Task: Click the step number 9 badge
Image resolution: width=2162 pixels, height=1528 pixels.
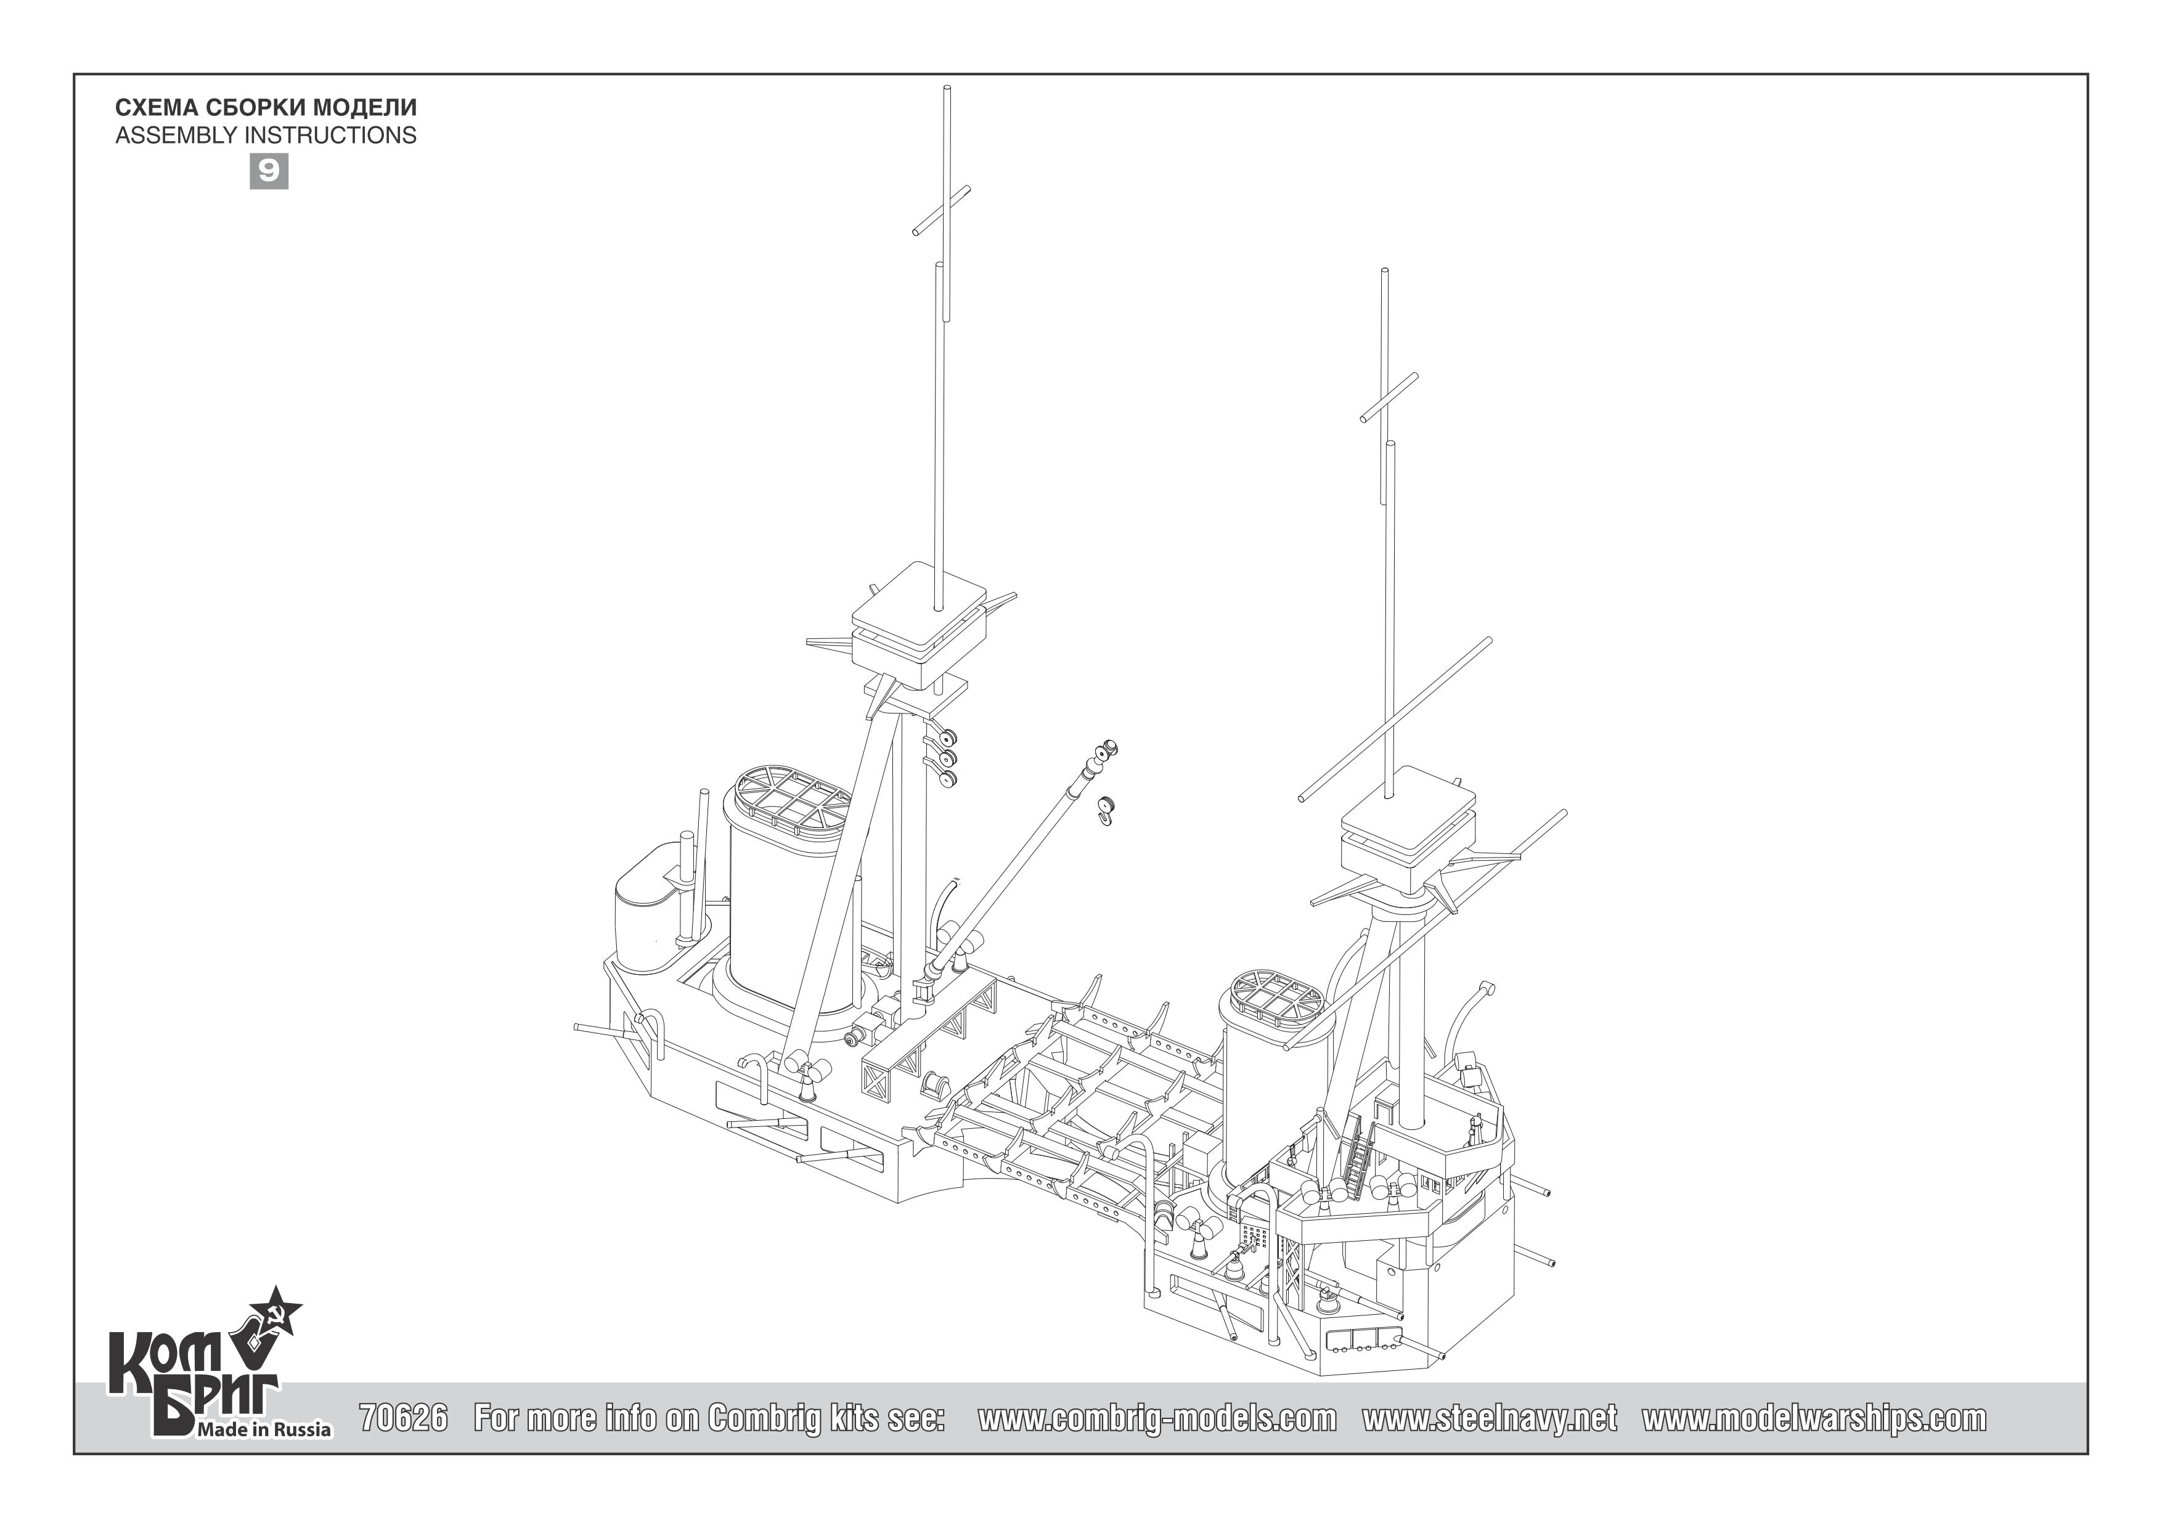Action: [x=268, y=171]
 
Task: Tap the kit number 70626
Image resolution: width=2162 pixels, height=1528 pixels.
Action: [x=404, y=1418]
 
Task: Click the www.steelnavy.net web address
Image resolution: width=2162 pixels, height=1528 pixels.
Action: [x=1490, y=1418]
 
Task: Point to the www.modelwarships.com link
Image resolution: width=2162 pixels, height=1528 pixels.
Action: [x=1814, y=1418]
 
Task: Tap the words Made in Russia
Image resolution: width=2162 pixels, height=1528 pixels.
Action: [x=263, y=1430]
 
